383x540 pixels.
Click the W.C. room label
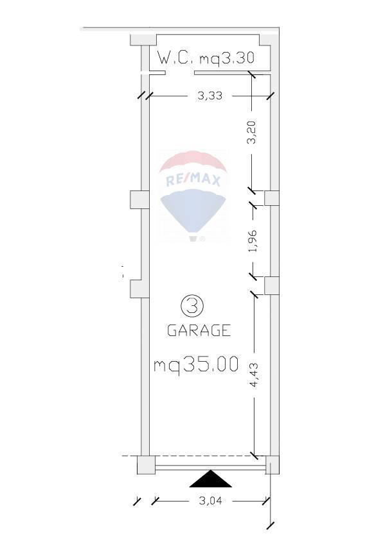pos(175,58)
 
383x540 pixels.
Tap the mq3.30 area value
pos(227,58)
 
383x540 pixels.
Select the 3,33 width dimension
pos(209,96)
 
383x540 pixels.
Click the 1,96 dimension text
pos(253,240)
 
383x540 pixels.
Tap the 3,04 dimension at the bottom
pos(211,500)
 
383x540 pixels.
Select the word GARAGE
pos(199,330)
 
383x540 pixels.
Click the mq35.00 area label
pos(196,364)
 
